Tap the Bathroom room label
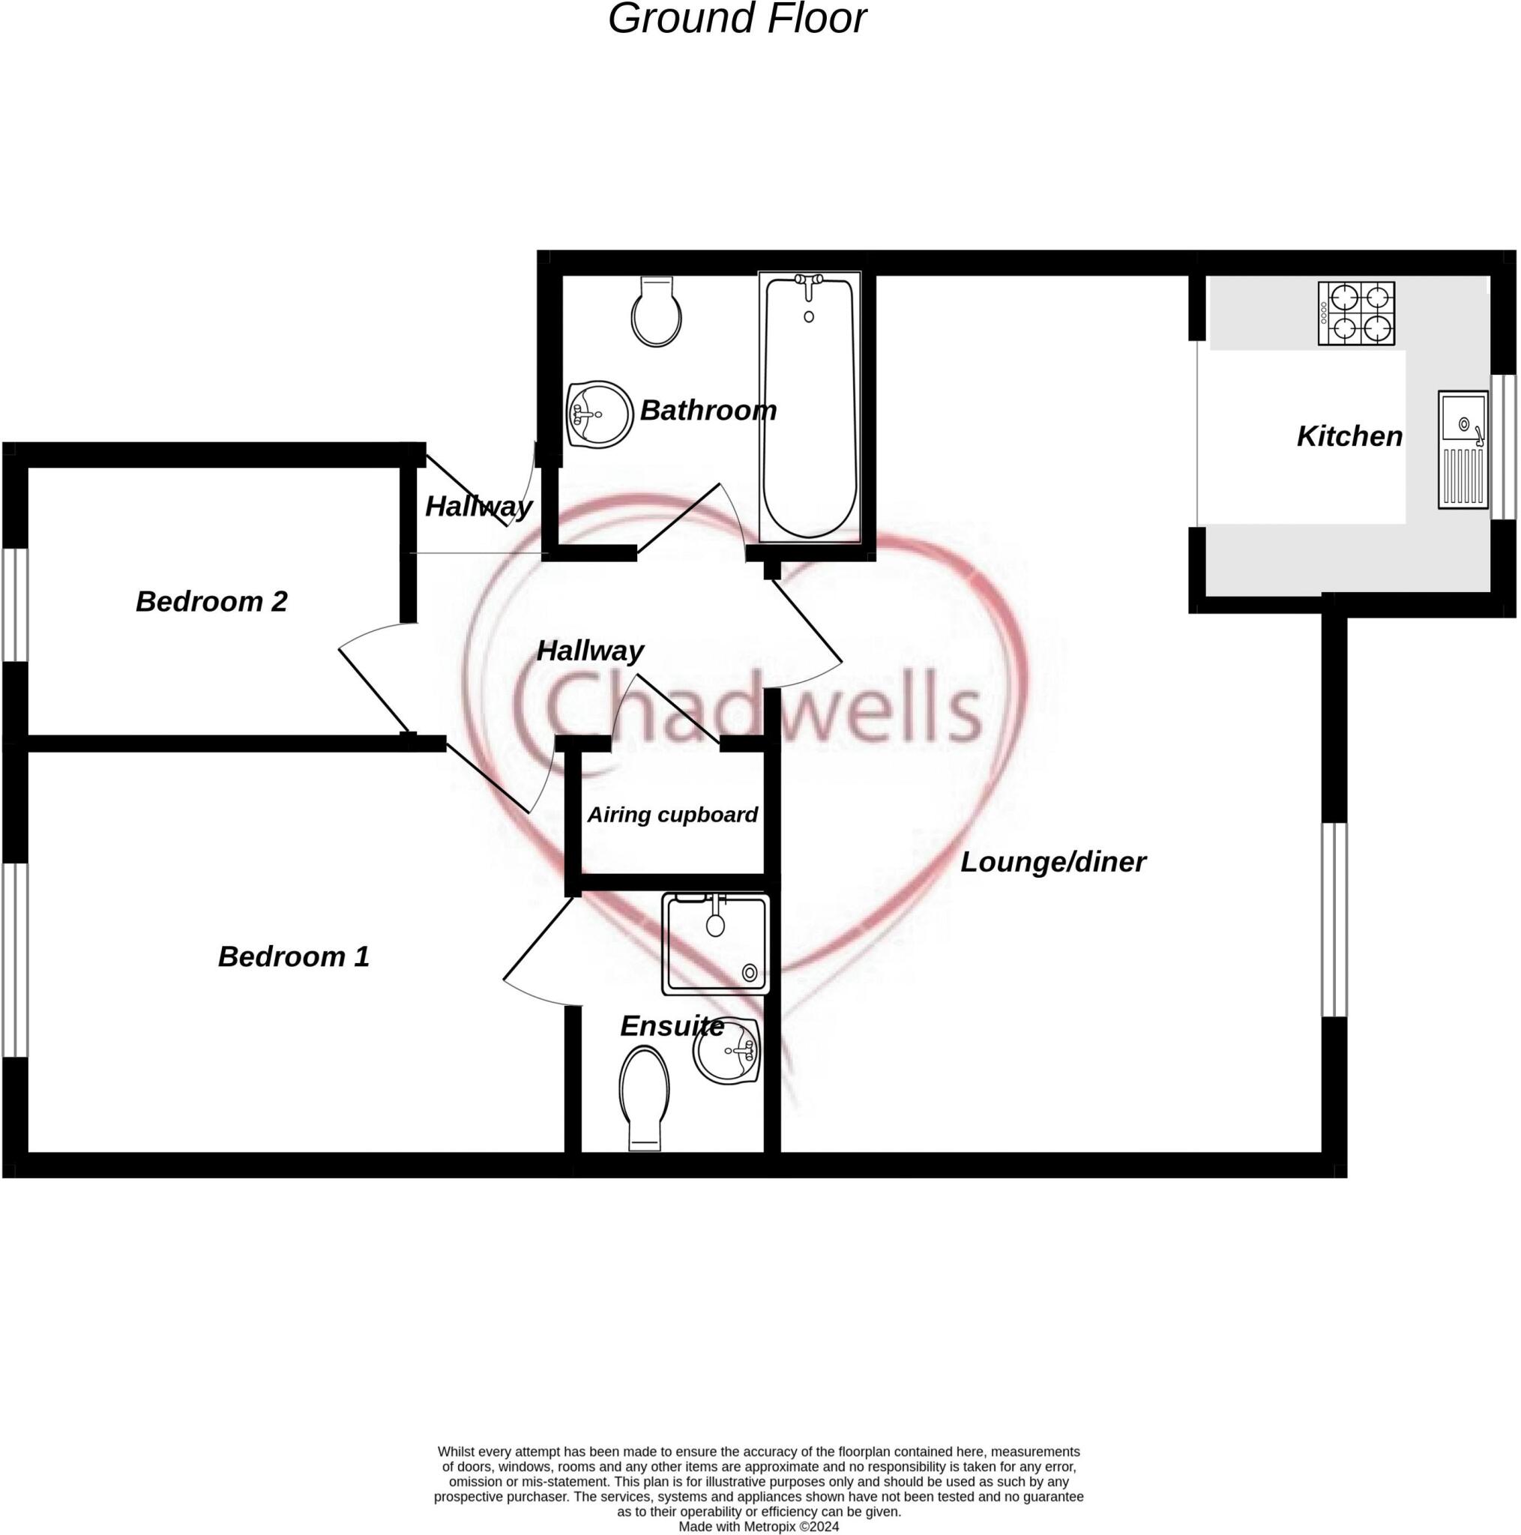pos(707,411)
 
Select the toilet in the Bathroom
pos(657,313)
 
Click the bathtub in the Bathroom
pos(809,407)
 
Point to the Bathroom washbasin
pos(599,414)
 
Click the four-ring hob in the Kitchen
pos(1356,313)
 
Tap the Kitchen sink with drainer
pos(1463,450)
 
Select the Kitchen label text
pos(1349,436)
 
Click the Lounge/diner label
pos(1053,862)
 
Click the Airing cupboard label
pos(672,815)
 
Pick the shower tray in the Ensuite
pos(716,944)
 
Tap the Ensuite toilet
pos(644,1097)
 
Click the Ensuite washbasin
pos(727,1051)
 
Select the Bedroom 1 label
pos(293,956)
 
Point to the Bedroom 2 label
pos(211,601)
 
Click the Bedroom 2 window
pos(15,605)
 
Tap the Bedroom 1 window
pos(15,960)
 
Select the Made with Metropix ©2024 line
pos(759,1526)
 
